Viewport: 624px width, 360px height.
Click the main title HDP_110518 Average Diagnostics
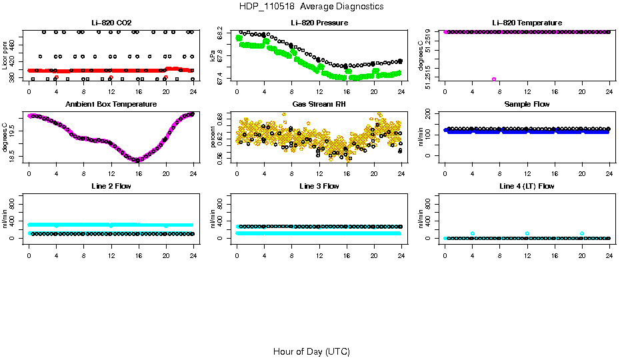point(311,7)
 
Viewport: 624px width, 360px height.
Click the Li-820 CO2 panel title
point(111,23)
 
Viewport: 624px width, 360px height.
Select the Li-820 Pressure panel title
point(319,23)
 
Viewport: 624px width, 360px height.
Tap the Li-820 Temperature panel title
point(527,23)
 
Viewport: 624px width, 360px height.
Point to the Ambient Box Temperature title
point(111,105)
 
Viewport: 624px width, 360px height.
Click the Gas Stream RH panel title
point(319,105)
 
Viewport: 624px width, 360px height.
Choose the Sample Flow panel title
point(527,105)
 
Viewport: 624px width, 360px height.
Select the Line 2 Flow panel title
point(111,186)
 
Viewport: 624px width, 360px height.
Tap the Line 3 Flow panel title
point(319,186)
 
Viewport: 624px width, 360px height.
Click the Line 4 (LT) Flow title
point(527,186)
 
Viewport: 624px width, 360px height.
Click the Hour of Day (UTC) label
point(311,351)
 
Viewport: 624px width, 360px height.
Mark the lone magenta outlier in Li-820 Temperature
point(494,79)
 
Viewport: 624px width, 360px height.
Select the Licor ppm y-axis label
point(5,55)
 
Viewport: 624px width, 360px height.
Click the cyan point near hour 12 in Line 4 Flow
point(527,233)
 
